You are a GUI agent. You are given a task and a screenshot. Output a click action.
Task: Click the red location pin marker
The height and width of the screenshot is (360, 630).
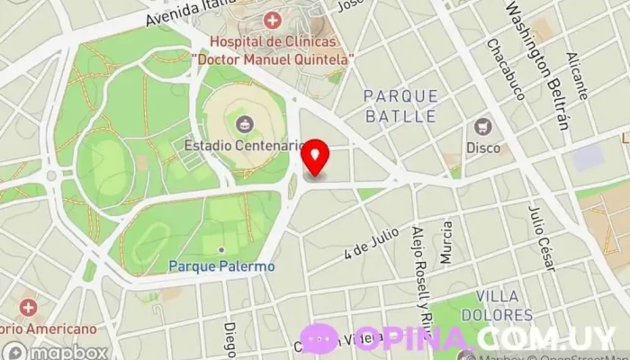click(315, 157)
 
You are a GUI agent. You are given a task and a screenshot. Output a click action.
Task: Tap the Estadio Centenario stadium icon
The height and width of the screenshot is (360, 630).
click(242, 124)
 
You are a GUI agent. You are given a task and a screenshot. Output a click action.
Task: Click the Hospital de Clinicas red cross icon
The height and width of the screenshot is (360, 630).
click(272, 20)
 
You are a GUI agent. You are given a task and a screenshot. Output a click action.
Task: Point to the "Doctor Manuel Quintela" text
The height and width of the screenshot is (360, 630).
click(273, 58)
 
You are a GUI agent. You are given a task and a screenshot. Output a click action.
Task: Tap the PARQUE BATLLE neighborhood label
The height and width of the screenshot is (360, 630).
click(400, 105)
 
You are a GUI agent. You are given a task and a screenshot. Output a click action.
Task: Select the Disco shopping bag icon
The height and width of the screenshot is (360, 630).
click(483, 127)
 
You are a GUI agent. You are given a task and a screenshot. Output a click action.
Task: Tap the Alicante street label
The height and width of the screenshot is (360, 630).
click(577, 76)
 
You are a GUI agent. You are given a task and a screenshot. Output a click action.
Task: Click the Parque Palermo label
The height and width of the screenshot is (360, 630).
click(221, 266)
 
